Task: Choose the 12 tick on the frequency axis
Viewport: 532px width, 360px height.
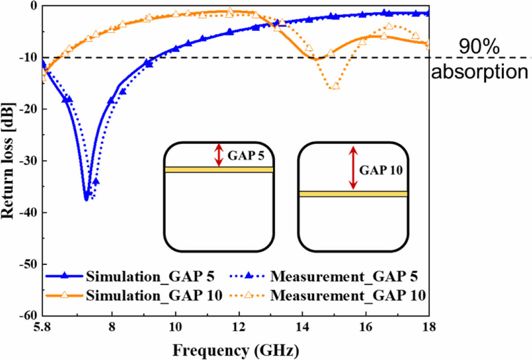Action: tap(239, 328)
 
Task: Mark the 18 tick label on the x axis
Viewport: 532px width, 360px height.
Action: tap(429, 328)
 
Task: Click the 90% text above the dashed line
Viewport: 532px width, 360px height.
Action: tap(479, 48)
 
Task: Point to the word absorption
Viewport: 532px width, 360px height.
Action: tap(479, 72)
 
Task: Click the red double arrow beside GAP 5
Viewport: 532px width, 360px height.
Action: tap(218, 155)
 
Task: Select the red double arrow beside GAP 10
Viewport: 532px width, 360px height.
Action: tap(353, 168)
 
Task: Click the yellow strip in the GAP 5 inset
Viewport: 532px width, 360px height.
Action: tap(219, 170)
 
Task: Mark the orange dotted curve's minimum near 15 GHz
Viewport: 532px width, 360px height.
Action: tap(336, 87)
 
